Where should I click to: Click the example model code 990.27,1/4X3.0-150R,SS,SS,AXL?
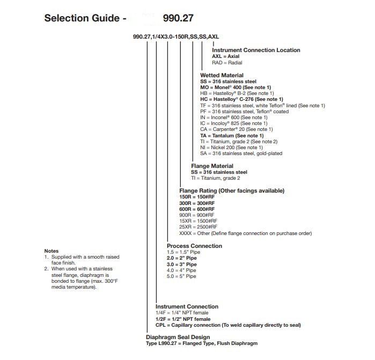(176, 36)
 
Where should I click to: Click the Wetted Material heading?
(222, 75)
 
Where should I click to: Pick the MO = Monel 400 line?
(235, 87)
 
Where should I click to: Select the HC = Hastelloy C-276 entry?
(241, 99)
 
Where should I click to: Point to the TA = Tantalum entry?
(232, 136)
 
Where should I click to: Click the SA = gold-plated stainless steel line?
(241, 153)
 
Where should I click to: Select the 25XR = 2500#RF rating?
(198, 227)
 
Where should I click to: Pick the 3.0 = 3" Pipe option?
(182, 264)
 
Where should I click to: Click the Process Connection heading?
(194, 246)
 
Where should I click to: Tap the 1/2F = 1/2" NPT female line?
(183, 319)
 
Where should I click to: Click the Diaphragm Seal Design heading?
(175, 337)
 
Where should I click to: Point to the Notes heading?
(51, 251)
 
